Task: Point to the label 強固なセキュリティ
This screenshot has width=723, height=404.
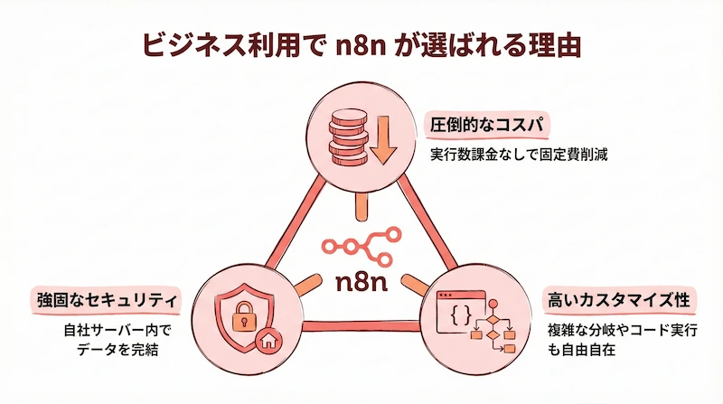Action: [x=105, y=299]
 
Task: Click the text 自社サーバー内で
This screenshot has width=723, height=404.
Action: [x=113, y=329]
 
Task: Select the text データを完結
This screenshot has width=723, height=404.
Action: [x=113, y=349]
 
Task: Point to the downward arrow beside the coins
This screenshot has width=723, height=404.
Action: [x=382, y=138]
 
